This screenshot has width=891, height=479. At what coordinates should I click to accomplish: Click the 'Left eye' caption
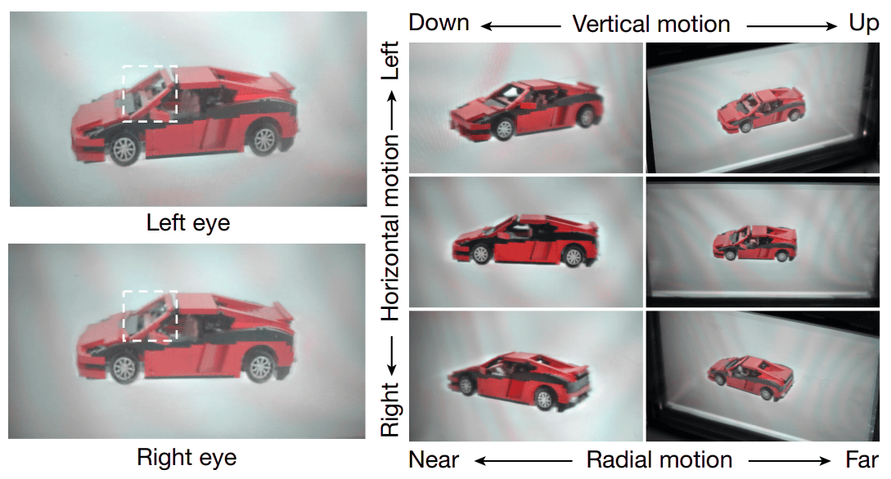[188, 222]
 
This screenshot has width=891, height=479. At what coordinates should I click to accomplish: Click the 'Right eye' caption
[187, 458]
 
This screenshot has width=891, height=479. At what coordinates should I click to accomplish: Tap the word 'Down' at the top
[439, 23]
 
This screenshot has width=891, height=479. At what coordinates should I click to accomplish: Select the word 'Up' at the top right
[864, 23]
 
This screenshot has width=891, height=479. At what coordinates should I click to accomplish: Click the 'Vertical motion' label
[651, 24]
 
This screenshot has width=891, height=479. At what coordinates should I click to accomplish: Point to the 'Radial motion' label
[659, 459]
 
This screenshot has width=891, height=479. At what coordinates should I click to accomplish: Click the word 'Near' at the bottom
[434, 459]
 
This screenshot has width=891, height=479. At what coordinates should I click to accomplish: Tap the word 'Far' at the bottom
[862, 459]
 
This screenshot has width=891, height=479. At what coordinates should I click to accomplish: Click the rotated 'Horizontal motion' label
[390, 227]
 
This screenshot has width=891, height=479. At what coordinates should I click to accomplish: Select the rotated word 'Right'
[390, 410]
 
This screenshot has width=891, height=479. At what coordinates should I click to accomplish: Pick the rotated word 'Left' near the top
[390, 60]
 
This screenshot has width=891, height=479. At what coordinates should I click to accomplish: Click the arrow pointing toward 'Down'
[520, 25]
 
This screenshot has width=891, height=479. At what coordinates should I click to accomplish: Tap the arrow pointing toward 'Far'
[790, 461]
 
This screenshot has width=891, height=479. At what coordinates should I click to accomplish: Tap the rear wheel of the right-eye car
[260, 366]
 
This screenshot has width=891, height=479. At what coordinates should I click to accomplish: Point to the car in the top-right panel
[762, 110]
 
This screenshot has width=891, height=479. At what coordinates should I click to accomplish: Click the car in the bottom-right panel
[750, 377]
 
